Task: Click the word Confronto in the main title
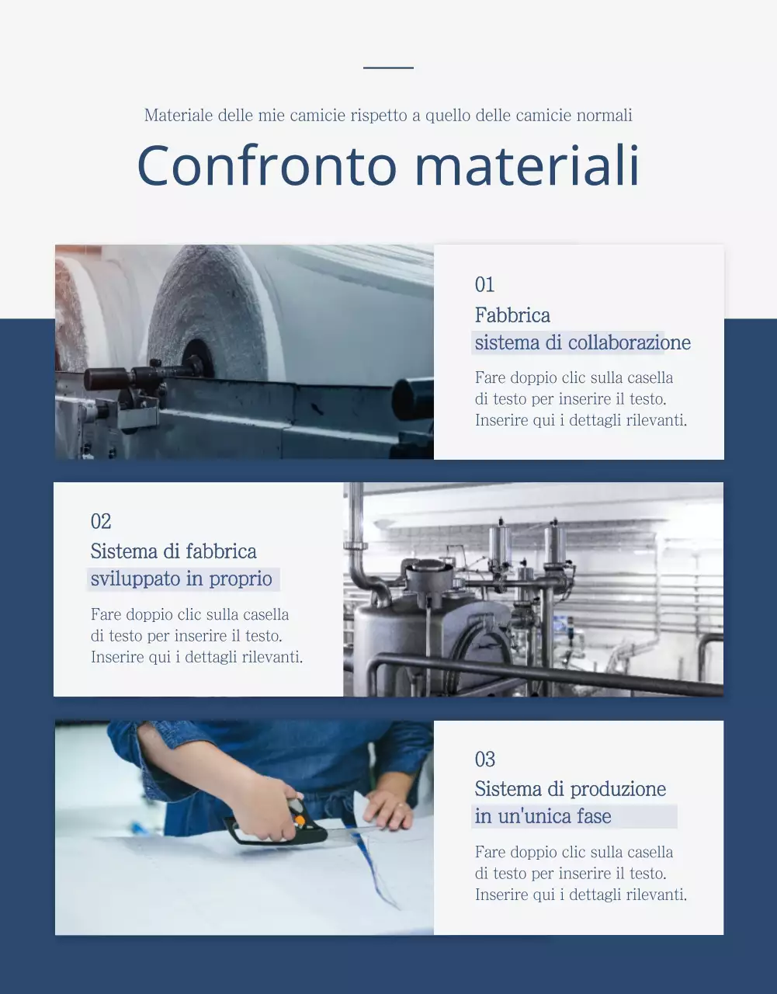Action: [x=266, y=165]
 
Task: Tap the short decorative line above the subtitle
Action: [x=388, y=68]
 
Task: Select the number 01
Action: [x=484, y=284]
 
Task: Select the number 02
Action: [x=101, y=521]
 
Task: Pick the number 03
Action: [x=485, y=759]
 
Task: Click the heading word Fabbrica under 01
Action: [x=512, y=315]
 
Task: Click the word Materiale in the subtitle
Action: [x=179, y=115]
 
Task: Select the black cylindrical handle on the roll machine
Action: [x=106, y=378]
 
